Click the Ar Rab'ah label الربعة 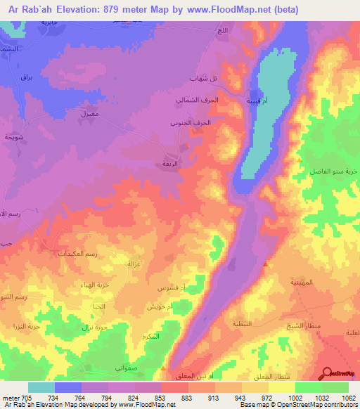170,162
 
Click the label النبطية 243,324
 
